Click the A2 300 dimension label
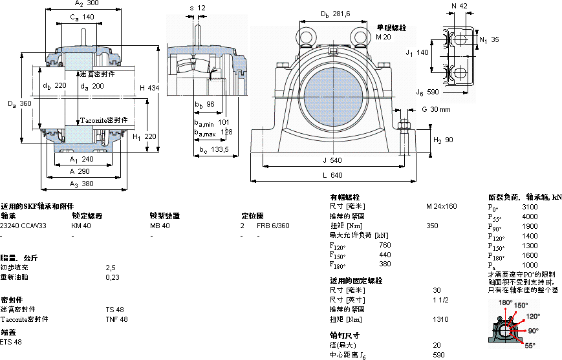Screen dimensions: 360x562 (x=81, y=5)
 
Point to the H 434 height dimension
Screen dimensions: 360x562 (x=149, y=87)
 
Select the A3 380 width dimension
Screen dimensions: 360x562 (x=81, y=184)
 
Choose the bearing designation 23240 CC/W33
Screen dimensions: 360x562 (x=23, y=226)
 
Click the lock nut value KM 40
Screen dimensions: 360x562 (x=81, y=226)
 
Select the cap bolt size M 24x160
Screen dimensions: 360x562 (x=441, y=206)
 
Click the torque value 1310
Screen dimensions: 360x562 (x=441, y=319)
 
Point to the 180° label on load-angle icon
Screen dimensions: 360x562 (x=505, y=302)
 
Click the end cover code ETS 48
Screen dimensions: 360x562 (x=11, y=342)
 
